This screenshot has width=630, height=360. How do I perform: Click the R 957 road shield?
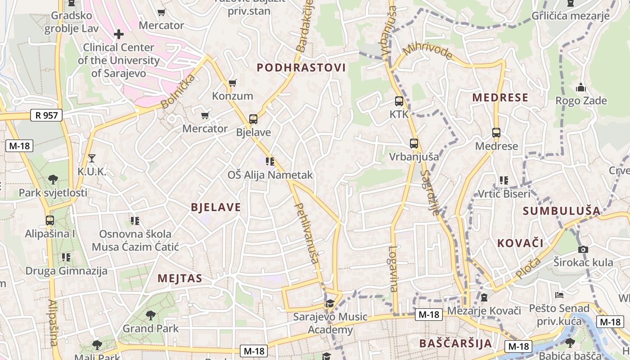[x=47, y=115]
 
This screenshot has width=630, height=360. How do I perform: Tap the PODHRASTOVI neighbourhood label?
[x=301, y=68]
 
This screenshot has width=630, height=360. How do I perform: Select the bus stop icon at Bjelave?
[x=253, y=119]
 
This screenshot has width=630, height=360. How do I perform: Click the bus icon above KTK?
[x=399, y=101]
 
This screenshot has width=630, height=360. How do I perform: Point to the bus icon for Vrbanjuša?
[x=414, y=144]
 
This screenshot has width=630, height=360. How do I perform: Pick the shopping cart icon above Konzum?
[x=233, y=83]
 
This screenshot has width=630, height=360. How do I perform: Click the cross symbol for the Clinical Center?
[x=119, y=34]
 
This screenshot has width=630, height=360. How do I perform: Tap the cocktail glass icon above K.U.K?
[x=92, y=158]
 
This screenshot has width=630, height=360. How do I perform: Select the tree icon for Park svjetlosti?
[x=53, y=180]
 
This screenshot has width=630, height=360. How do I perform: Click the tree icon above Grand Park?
[x=151, y=315]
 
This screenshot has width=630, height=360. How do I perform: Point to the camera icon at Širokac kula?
[x=583, y=249]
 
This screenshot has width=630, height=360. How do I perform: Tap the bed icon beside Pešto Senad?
[x=559, y=295]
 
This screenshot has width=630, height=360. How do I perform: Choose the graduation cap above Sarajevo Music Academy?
[x=330, y=304]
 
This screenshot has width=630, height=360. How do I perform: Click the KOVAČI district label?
[x=520, y=243]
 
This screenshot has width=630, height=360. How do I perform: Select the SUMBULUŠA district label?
[x=562, y=211]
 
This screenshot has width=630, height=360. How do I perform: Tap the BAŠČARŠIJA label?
[x=455, y=343]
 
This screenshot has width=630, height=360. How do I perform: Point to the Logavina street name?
[x=394, y=269]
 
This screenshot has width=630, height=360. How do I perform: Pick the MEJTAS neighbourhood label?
[x=180, y=279]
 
